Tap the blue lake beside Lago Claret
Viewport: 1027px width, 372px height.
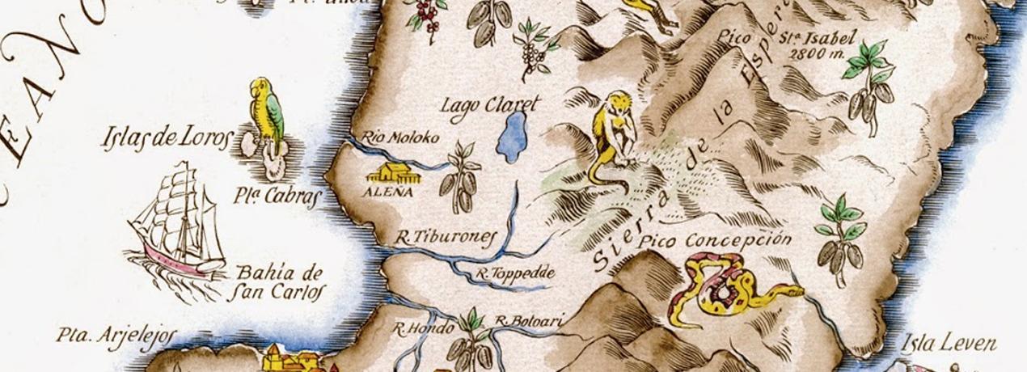[x=512, y=137]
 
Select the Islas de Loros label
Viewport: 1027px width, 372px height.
[x=167, y=137]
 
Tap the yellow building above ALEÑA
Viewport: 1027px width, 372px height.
[x=391, y=172]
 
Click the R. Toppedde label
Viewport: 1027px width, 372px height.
[x=515, y=273]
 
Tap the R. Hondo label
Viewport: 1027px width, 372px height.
[x=421, y=328]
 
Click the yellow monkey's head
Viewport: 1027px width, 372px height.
[x=619, y=104]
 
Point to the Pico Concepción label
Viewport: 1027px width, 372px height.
[x=714, y=241]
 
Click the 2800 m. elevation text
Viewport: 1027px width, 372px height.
[x=817, y=55]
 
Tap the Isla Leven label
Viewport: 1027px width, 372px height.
[x=949, y=343]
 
